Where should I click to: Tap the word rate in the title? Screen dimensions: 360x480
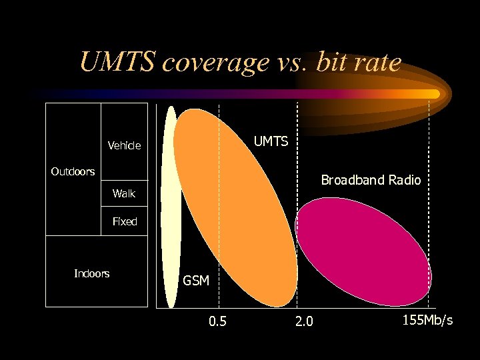(x=377, y=63)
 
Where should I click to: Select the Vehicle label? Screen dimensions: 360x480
(x=124, y=145)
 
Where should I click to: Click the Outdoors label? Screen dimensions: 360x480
(x=73, y=171)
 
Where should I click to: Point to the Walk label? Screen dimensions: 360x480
(x=123, y=193)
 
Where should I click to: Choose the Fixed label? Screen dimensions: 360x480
(x=124, y=221)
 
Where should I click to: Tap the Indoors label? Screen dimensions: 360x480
(x=91, y=273)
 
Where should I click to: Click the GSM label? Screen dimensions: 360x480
(x=196, y=281)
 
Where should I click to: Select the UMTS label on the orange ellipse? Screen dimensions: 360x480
(x=271, y=141)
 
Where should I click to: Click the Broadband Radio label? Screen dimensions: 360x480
(x=371, y=180)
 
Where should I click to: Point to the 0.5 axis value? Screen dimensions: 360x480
(x=217, y=322)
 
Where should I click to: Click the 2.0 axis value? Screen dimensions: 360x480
(x=303, y=322)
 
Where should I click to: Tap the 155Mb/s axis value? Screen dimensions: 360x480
(x=427, y=321)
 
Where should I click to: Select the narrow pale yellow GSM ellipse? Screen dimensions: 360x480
(x=171, y=207)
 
